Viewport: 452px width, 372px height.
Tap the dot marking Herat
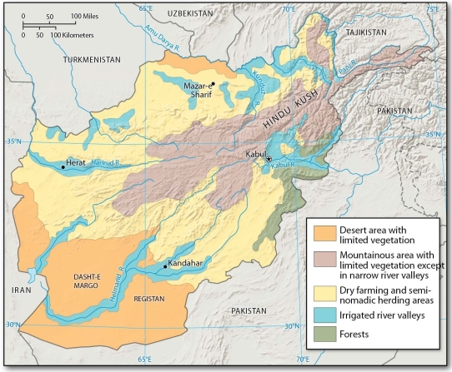point(63,167)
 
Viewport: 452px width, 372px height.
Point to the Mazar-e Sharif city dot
point(213,83)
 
